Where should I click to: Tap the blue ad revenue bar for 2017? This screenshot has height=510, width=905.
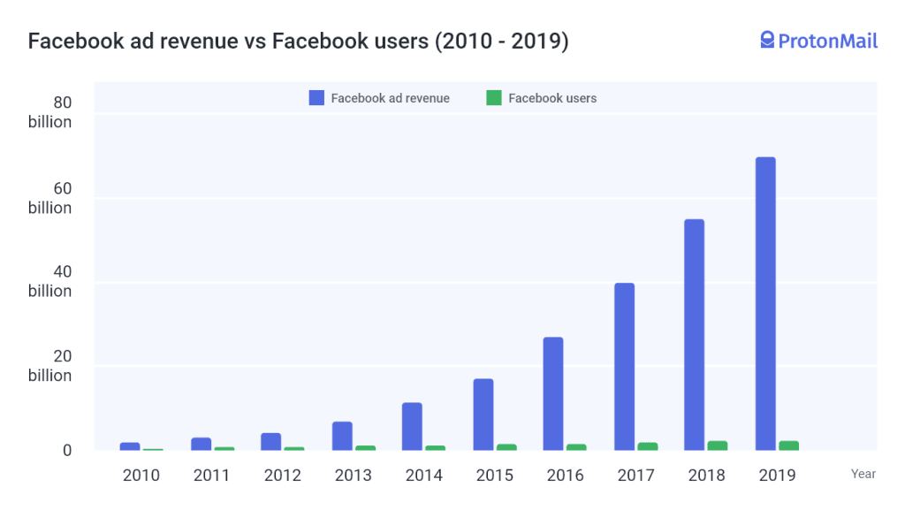[x=624, y=366]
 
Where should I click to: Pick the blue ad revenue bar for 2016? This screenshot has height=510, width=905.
[x=553, y=393]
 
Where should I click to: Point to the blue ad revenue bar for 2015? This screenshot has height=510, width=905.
[x=483, y=415]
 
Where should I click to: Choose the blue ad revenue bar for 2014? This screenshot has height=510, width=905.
[x=412, y=426]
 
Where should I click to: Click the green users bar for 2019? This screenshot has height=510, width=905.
[x=789, y=445]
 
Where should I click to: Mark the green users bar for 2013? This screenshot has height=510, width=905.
[x=365, y=448]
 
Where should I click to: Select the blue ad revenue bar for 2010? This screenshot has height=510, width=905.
[x=130, y=446]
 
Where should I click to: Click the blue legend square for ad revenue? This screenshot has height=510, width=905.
[x=316, y=98]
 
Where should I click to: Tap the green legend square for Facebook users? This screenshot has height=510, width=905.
[x=494, y=98]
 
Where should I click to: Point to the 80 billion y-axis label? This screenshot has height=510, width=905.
[x=50, y=112]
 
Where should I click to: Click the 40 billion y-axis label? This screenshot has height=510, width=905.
[x=50, y=282]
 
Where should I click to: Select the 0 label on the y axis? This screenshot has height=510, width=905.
[x=66, y=450]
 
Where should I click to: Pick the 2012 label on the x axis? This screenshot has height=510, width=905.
[x=283, y=476]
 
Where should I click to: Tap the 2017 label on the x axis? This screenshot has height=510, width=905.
[x=636, y=476]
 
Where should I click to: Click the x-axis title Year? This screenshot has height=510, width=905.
[x=863, y=474]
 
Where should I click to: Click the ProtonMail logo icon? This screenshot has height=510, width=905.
[x=767, y=40]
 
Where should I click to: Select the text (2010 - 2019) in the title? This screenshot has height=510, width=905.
[x=501, y=42]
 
